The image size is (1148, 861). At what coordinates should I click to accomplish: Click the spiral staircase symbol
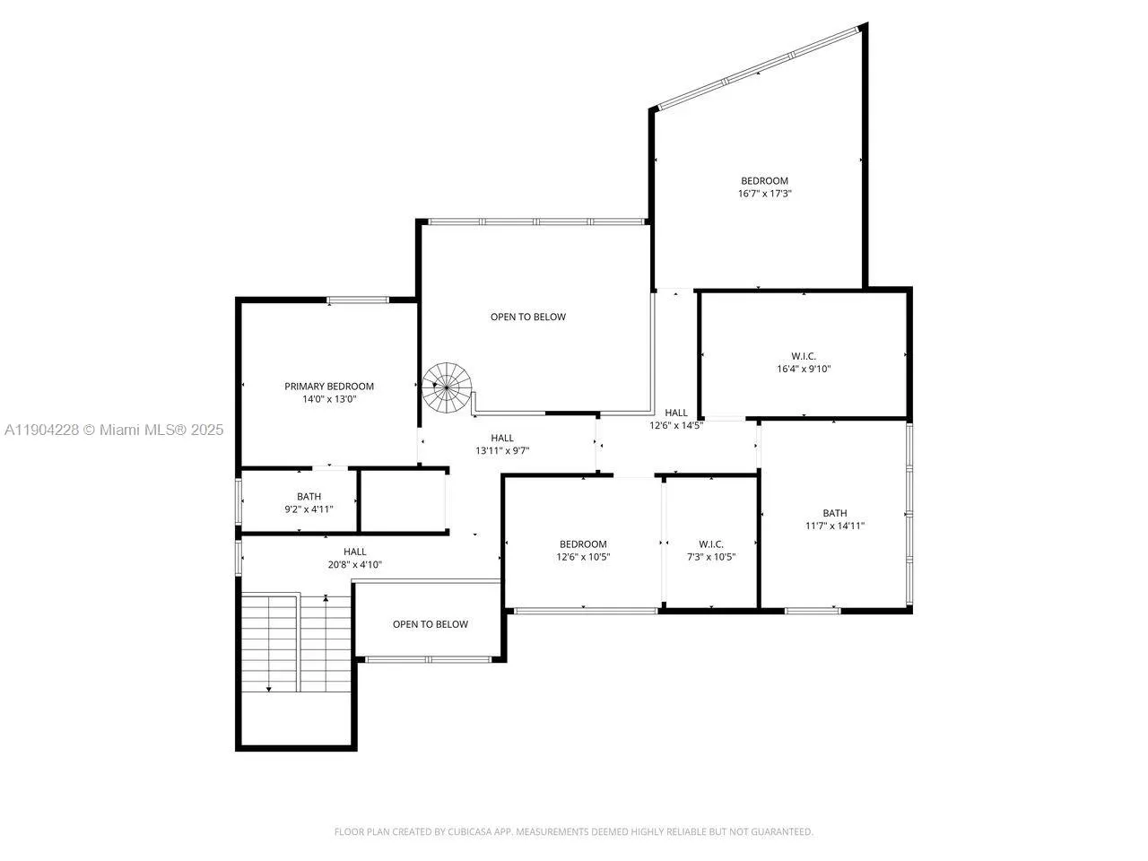(447, 387)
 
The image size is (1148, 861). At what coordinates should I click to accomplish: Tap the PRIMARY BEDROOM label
(329, 387)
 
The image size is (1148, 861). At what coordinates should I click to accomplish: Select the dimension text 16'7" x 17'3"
(764, 194)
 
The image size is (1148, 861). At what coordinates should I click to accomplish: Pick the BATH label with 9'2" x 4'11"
(309, 497)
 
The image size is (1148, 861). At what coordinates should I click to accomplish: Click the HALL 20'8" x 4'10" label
(355, 552)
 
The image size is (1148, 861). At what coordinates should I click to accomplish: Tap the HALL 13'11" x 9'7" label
(502, 439)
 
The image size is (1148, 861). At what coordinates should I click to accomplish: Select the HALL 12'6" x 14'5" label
(676, 413)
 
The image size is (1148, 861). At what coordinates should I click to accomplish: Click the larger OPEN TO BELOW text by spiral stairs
(528, 317)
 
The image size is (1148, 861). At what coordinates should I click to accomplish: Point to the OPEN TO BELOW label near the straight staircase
(430, 624)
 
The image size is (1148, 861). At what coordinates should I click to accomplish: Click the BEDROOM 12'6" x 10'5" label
(583, 544)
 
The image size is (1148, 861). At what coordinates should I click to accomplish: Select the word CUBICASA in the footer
(469, 832)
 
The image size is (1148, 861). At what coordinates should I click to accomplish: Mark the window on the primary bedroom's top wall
(358, 300)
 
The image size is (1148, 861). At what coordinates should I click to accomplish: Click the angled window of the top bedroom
(758, 69)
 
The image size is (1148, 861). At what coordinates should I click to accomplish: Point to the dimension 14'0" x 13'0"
(329, 399)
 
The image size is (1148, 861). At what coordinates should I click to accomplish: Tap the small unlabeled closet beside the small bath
(403, 500)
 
